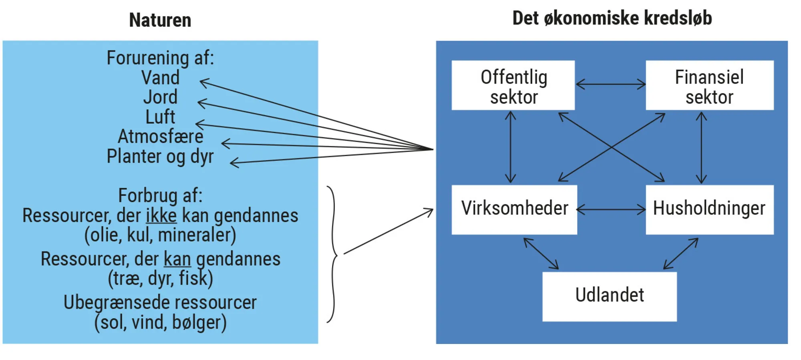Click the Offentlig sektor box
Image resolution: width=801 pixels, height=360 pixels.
(513, 85)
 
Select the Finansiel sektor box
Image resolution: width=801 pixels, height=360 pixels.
(709, 85)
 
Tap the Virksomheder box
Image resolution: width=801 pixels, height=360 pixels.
(514, 209)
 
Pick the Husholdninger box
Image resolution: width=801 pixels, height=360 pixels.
(709, 209)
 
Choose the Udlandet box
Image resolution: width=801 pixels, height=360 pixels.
(609, 296)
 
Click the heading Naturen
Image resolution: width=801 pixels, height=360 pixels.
(160, 20)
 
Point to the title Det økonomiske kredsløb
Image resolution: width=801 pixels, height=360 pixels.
(612, 18)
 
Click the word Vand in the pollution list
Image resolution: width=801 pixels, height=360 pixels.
(160, 78)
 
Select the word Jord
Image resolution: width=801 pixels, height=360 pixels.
(160, 97)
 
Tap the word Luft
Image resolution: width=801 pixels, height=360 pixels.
(160, 117)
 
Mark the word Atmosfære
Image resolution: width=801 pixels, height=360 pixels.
(160, 137)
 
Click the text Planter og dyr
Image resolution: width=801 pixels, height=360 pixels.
(160, 157)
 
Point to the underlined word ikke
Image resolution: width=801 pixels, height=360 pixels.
(161, 216)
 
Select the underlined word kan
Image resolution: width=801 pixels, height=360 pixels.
(177, 259)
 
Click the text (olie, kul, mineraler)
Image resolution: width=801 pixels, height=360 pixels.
(160, 235)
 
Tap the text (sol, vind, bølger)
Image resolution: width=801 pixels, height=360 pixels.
(160, 323)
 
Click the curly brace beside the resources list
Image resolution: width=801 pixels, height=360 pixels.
(333, 254)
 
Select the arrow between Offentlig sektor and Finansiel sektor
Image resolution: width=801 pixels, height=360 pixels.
(610, 84)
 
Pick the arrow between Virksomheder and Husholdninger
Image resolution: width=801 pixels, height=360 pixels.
(611, 209)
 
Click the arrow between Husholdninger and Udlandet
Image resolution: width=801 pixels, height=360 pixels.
(681, 253)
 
